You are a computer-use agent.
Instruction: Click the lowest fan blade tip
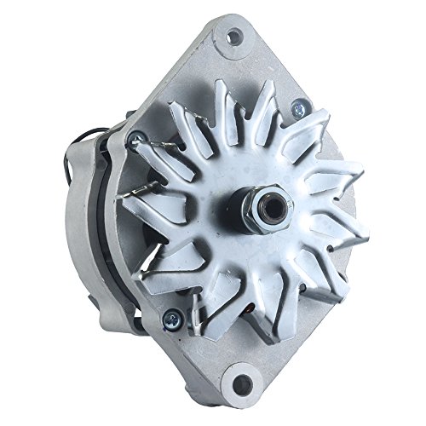point(273,337)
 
